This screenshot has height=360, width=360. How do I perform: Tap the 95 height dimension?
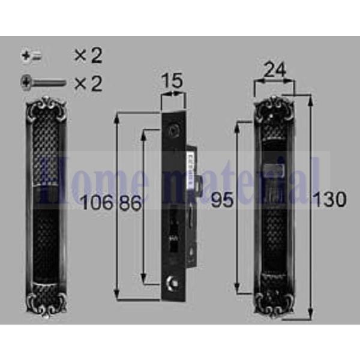(222, 201)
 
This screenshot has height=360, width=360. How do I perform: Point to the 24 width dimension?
(274, 71)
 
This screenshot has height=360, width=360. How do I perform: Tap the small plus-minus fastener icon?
(31, 56)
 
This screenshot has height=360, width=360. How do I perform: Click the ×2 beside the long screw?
(88, 82)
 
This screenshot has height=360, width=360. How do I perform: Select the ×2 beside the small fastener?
(88, 56)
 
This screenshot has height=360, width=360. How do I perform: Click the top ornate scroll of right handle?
(274, 109)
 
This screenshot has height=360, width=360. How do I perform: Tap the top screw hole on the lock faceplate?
(174, 129)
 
